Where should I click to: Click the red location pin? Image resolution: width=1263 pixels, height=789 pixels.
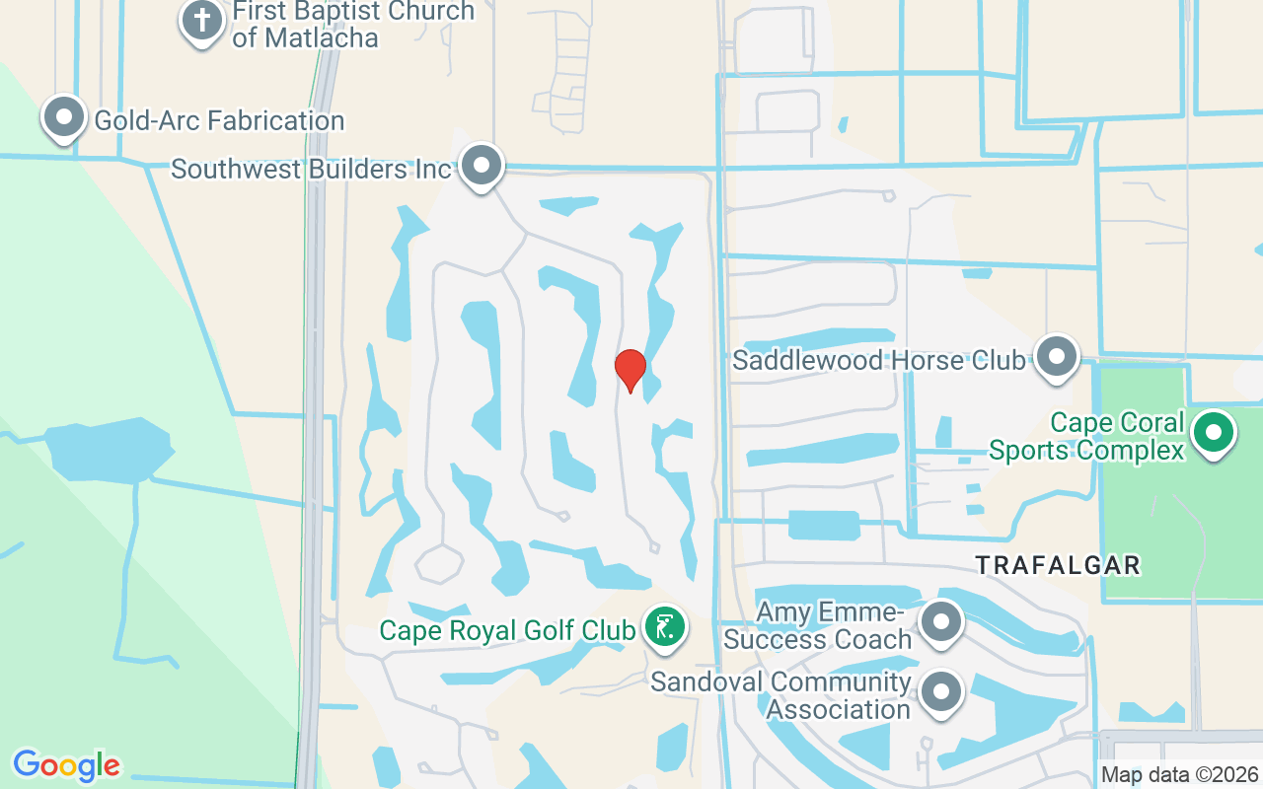click(630, 370)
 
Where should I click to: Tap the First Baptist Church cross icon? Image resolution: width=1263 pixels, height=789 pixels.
click(201, 20)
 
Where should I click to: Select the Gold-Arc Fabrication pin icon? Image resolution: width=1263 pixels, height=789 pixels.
click(64, 117)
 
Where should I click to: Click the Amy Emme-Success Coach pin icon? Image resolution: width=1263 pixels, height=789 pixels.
click(941, 622)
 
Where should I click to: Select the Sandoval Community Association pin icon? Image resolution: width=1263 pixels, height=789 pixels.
click(941, 692)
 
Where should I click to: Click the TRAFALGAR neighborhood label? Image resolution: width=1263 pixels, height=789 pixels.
click(1058, 565)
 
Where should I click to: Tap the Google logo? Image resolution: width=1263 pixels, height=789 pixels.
click(66, 765)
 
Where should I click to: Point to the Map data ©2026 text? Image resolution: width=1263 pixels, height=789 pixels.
click(1179, 775)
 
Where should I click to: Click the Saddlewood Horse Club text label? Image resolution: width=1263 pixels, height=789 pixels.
click(878, 360)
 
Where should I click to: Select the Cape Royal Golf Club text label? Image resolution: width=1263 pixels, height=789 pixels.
click(507, 629)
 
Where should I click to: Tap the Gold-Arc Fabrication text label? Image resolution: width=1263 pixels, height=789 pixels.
click(219, 121)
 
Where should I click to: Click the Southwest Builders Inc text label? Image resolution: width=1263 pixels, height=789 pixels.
click(311, 169)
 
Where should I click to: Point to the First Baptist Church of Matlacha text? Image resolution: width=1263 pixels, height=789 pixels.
click(353, 25)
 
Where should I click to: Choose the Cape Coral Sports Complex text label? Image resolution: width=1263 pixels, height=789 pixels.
click(1086, 436)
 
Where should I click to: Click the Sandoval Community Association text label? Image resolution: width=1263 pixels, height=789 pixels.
click(780, 695)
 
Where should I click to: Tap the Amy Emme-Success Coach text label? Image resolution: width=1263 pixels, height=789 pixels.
click(818, 626)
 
